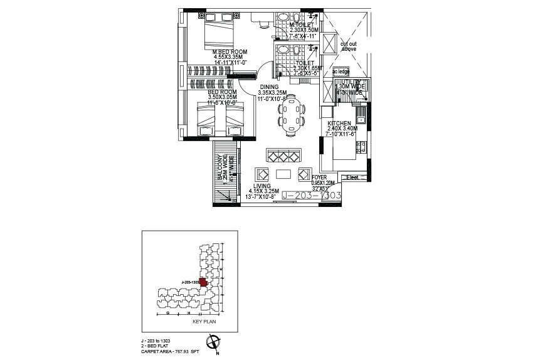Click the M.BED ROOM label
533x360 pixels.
point(230,51)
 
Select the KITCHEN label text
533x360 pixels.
point(339,124)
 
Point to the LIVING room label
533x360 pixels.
point(262,186)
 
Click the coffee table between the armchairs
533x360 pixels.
point(283,174)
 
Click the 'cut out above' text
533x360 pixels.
point(349,46)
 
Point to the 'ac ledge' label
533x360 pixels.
point(341,72)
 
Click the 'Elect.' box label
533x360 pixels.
point(352,177)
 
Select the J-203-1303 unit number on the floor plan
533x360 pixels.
point(311,196)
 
